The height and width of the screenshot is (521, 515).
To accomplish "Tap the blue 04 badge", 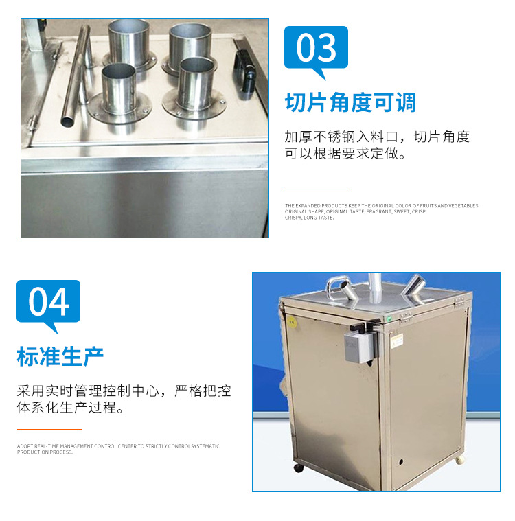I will (48, 302).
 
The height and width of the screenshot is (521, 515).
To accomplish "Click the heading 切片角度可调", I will (350, 103).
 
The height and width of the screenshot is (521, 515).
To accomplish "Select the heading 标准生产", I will (60, 356).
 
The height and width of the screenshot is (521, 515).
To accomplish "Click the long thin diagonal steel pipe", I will (76, 76).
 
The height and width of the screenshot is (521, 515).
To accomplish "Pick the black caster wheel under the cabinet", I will (299, 468).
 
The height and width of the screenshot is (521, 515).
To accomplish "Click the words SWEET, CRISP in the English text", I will (411, 211).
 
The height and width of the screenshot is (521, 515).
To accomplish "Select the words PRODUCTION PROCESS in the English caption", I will (45, 452).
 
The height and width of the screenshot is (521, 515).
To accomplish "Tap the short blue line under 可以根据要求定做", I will (317, 189).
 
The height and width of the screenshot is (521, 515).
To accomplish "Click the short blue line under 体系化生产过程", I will (49, 429).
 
